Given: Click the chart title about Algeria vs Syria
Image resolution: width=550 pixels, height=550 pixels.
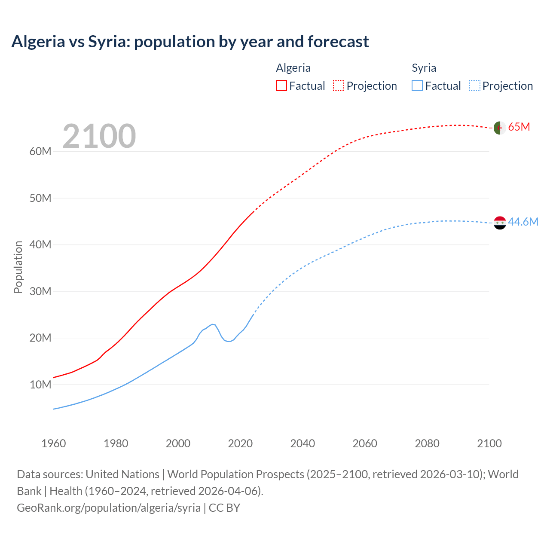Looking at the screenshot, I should [x=190, y=42].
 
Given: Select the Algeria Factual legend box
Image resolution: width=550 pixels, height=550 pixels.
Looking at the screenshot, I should [x=281, y=86].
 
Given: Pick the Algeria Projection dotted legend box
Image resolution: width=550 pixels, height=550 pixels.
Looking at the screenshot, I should [x=339, y=86].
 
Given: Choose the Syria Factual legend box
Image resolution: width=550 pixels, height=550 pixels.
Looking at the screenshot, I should [x=417, y=86].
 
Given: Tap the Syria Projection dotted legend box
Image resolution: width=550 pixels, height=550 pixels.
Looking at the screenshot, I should [x=474, y=86].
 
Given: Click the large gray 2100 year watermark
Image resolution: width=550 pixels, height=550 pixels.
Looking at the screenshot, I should [x=99, y=136].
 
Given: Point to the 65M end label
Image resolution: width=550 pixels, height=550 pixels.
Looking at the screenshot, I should [x=519, y=127].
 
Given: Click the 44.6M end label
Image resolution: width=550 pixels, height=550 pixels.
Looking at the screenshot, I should [x=523, y=222].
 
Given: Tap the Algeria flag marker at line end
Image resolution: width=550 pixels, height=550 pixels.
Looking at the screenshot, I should [x=499, y=128].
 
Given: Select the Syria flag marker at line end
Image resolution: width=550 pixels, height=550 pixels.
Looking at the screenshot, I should [x=500, y=223].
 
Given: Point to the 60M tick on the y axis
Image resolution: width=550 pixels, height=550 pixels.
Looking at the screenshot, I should [x=40, y=151].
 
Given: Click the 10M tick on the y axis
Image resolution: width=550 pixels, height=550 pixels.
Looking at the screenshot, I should [x=40, y=385].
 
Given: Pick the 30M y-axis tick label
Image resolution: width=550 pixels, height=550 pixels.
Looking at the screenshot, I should [x=40, y=291].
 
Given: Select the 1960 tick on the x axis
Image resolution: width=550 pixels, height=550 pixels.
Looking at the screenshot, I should [x=54, y=443].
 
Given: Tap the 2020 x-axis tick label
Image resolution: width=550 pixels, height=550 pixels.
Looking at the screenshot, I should [x=240, y=443].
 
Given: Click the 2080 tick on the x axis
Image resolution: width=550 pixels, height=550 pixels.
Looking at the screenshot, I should [x=427, y=443].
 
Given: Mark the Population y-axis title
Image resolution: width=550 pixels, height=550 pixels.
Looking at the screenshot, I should [x=18, y=267].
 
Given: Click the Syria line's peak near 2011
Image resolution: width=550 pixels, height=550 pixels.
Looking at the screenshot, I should [x=212, y=324].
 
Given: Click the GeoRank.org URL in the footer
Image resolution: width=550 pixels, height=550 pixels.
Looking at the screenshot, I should [x=109, y=507].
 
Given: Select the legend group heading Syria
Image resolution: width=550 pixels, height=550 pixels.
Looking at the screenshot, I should [x=424, y=68].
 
